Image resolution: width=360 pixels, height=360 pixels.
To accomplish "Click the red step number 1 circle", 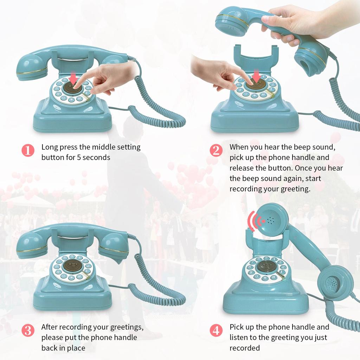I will (28, 150).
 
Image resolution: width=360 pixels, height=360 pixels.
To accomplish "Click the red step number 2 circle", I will (216, 150).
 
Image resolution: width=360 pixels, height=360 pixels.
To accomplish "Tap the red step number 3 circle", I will (28, 331).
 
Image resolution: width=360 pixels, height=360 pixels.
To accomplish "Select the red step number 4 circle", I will (216, 331).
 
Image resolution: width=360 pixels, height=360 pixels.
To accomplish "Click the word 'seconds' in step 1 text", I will (95, 157).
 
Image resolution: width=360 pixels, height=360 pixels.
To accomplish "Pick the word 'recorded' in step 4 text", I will (245, 348).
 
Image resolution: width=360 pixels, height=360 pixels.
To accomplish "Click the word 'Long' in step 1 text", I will (49, 147).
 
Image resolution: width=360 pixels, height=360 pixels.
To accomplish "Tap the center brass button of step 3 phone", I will (72, 266).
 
